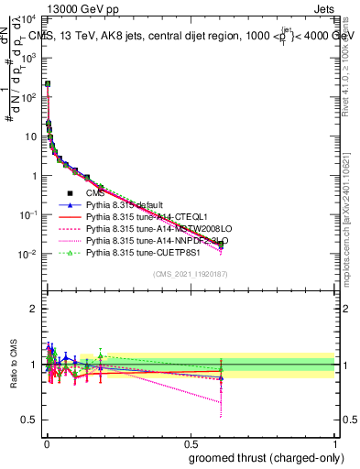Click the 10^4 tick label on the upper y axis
pyautogui.click(x=28, y=18)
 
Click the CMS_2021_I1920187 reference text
pyautogui.click(x=190, y=274)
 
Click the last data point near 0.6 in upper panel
pyautogui.click(x=221, y=245)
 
